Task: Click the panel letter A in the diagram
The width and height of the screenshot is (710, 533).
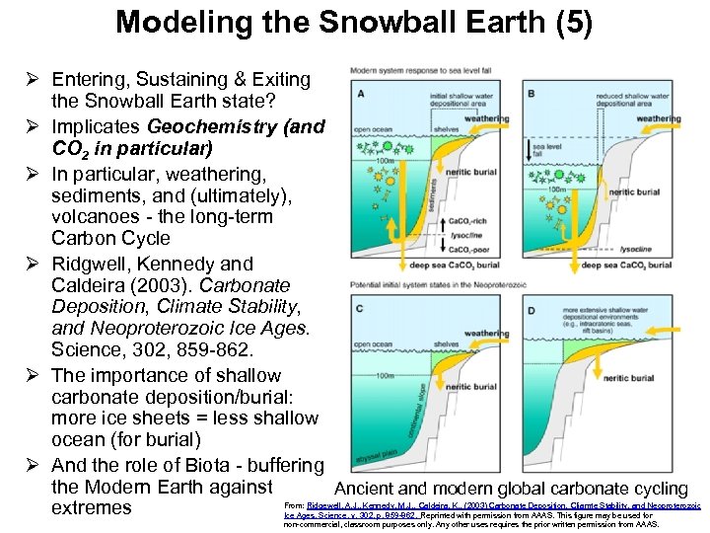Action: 361,94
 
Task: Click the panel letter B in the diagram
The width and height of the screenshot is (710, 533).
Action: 532,94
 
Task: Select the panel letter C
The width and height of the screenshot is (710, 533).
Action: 361,310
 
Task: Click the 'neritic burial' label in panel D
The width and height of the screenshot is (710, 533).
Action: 656,378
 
